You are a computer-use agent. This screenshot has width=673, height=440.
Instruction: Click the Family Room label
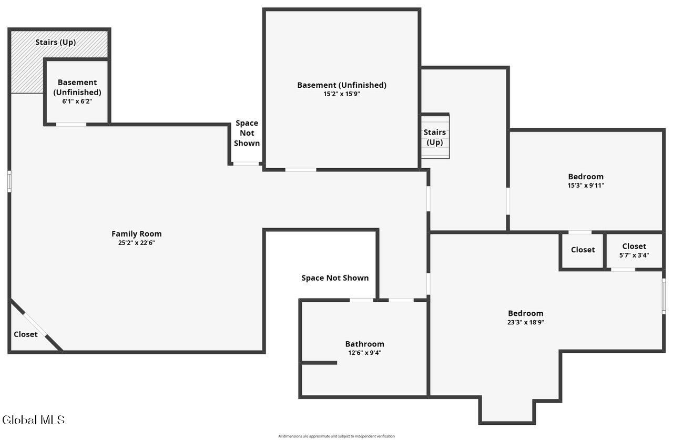click(136, 233)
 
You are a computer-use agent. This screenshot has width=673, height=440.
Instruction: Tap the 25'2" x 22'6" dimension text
click(136, 243)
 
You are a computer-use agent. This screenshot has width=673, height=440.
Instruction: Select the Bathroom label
click(364, 344)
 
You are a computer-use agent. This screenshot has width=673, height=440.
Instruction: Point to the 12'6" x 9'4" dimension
click(364, 353)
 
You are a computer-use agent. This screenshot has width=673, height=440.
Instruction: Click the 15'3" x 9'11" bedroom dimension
click(586, 186)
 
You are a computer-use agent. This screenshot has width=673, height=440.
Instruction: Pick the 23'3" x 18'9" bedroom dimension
click(525, 322)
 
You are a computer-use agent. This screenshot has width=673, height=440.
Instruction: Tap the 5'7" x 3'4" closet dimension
click(634, 255)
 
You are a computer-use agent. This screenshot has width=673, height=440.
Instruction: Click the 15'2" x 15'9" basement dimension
click(342, 94)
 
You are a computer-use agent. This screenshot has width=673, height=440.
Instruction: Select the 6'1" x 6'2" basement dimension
click(77, 101)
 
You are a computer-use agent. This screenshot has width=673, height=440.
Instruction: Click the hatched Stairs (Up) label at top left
click(56, 43)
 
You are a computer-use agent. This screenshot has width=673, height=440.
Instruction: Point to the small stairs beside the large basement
click(435, 137)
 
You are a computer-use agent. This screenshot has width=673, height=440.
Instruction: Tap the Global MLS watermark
click(33, 420)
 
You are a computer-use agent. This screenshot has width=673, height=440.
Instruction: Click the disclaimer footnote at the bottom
click(336, 436)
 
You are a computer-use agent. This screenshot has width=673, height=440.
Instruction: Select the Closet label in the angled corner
click(26, 334)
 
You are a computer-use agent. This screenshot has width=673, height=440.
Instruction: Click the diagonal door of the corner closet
click(35, 324)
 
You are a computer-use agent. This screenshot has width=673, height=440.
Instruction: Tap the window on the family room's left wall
click(9, 181)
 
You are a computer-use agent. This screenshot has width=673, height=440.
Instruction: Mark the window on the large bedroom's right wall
click(664, 296)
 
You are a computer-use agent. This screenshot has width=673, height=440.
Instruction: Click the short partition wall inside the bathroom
click(319, 363)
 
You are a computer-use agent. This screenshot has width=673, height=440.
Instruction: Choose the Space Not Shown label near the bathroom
click(335, 278)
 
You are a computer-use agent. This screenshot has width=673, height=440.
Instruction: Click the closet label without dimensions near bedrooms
click(583, 250)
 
